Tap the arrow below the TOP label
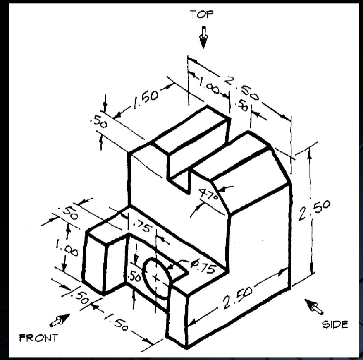pos(203,38)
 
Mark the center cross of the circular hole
pos(156,278)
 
